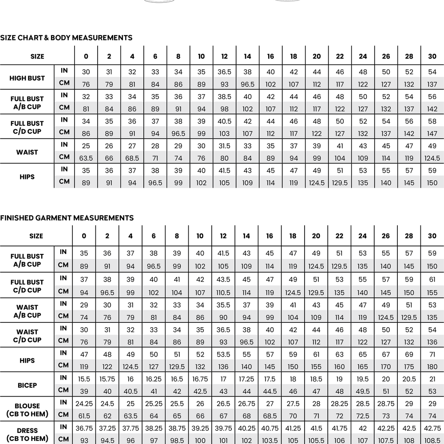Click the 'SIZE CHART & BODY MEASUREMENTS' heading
point(66,38)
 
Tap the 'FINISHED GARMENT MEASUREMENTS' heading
point(67,218)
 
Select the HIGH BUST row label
point(27,78)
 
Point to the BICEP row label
point(27,385)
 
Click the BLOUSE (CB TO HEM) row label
point(27,410)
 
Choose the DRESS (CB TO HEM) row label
point(27,435)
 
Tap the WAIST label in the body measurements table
point(27,152)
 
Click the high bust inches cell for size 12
point(224,72)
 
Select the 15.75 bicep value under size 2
point(107,379)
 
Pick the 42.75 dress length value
point(432,428)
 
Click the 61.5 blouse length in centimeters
point(84,416)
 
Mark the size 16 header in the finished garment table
point(270,236)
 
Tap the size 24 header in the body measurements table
point(363,56)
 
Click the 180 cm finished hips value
point(432,367)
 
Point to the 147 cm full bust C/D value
point(432,133)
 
